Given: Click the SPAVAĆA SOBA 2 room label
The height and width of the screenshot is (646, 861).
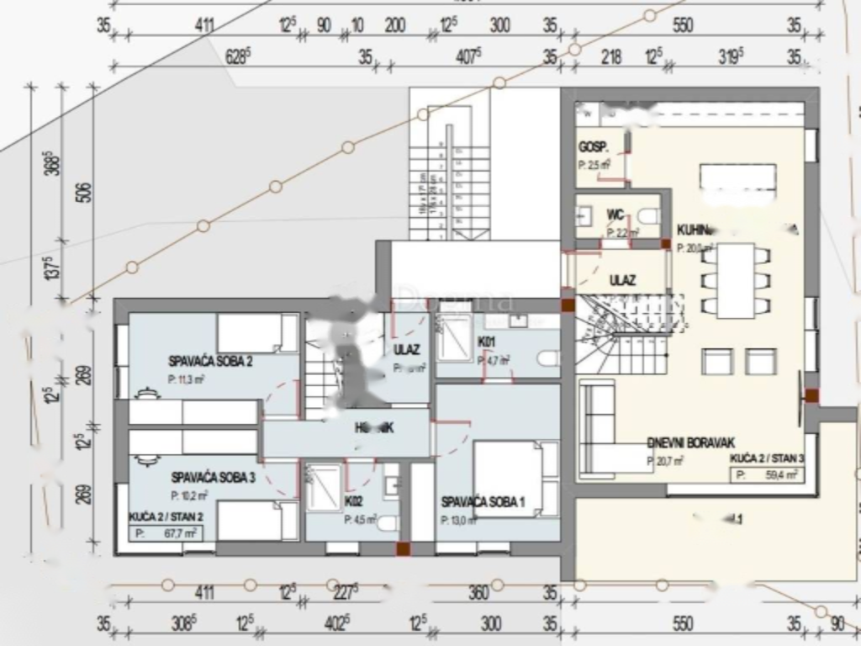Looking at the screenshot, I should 210,362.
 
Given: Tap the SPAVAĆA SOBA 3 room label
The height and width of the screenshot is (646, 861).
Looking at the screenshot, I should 213,477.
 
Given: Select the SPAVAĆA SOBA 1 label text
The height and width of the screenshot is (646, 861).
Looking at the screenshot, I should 483,502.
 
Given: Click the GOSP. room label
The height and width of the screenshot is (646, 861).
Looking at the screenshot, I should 593,147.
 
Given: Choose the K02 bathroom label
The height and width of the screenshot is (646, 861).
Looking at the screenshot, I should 354,501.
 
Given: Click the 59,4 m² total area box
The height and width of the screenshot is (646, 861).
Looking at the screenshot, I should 766,474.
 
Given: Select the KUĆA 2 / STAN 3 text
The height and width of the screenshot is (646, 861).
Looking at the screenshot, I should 766,458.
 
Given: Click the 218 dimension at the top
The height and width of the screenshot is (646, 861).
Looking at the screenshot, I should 612,57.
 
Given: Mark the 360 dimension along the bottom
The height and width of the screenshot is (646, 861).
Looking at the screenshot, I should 478,593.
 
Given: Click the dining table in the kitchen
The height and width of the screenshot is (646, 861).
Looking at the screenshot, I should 736,279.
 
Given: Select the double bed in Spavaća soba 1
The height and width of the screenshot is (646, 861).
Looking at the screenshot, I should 508,475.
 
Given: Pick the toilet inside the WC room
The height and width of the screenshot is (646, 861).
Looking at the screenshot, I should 647,216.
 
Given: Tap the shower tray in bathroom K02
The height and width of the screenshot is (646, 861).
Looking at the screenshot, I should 323,487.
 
